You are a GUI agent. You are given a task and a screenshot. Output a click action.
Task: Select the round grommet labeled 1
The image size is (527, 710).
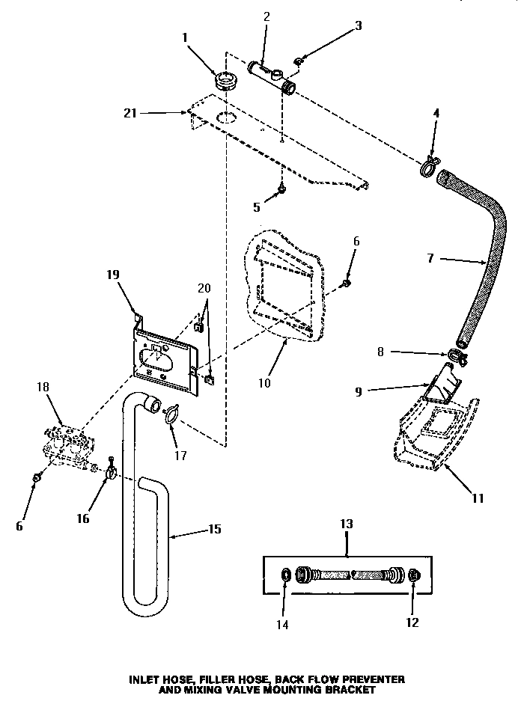click(x=222, y=80)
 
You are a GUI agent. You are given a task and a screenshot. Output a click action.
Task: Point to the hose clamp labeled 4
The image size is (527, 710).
click(x=429, y=167)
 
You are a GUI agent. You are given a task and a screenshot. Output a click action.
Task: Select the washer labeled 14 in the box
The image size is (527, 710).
click(x=285, y=575)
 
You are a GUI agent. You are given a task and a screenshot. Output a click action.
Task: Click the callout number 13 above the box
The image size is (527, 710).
click(x=347, y=524)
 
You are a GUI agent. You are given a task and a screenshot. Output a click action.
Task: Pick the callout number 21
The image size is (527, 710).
click(x=130, y=113)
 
